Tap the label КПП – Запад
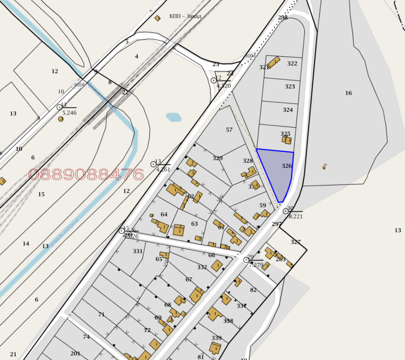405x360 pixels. point(186,16)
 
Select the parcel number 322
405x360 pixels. point(292,64)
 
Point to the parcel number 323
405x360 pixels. point(290,87)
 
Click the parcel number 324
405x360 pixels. point(288,110)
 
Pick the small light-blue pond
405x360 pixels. point(174,117)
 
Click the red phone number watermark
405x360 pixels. point(86,175)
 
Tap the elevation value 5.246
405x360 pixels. point(69,113)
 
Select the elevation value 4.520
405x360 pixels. point(224,86)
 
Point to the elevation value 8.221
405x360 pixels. point(295,216)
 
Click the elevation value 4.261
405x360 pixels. point(163,170)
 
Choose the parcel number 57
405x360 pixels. point(229,130)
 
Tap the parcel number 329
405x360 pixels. point(218,158)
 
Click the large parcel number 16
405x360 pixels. point(348,93)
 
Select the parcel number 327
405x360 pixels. point(296,242)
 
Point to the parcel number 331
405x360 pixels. point(138,251)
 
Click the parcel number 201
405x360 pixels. point(75,353)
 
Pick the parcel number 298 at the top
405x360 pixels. point(282,18)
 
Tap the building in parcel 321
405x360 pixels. point(274,62)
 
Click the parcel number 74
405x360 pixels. point(86,337)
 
